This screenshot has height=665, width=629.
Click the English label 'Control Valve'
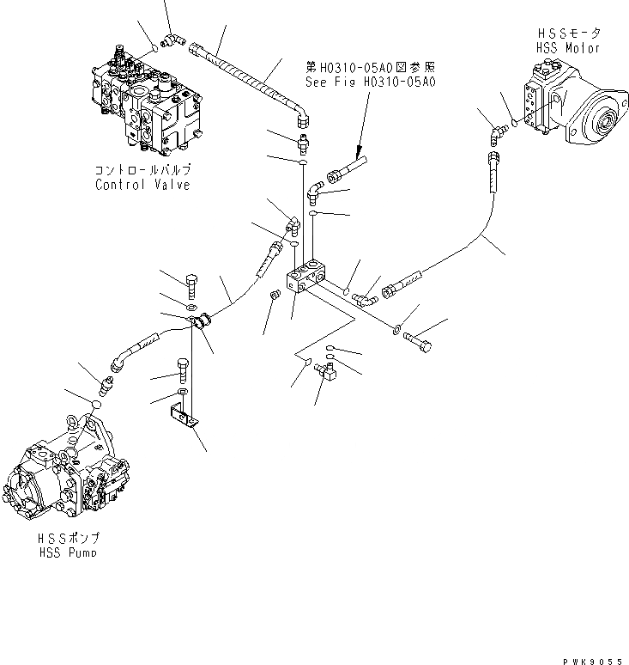pyautogui.click(x=142, y=184)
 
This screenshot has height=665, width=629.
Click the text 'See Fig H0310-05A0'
pyautogui.click(x=371, y=82)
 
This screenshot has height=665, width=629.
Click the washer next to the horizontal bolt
pyautogui.click(x=397, y=328)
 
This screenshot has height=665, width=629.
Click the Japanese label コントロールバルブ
pyautogui.click(x=142, y=170)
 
